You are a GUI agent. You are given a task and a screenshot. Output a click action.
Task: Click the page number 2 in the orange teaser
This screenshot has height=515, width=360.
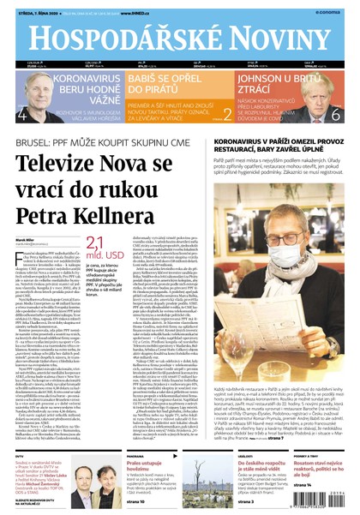[x=227, y=113]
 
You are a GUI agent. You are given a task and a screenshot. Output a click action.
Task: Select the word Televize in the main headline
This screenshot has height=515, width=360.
[x=68, y=164]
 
